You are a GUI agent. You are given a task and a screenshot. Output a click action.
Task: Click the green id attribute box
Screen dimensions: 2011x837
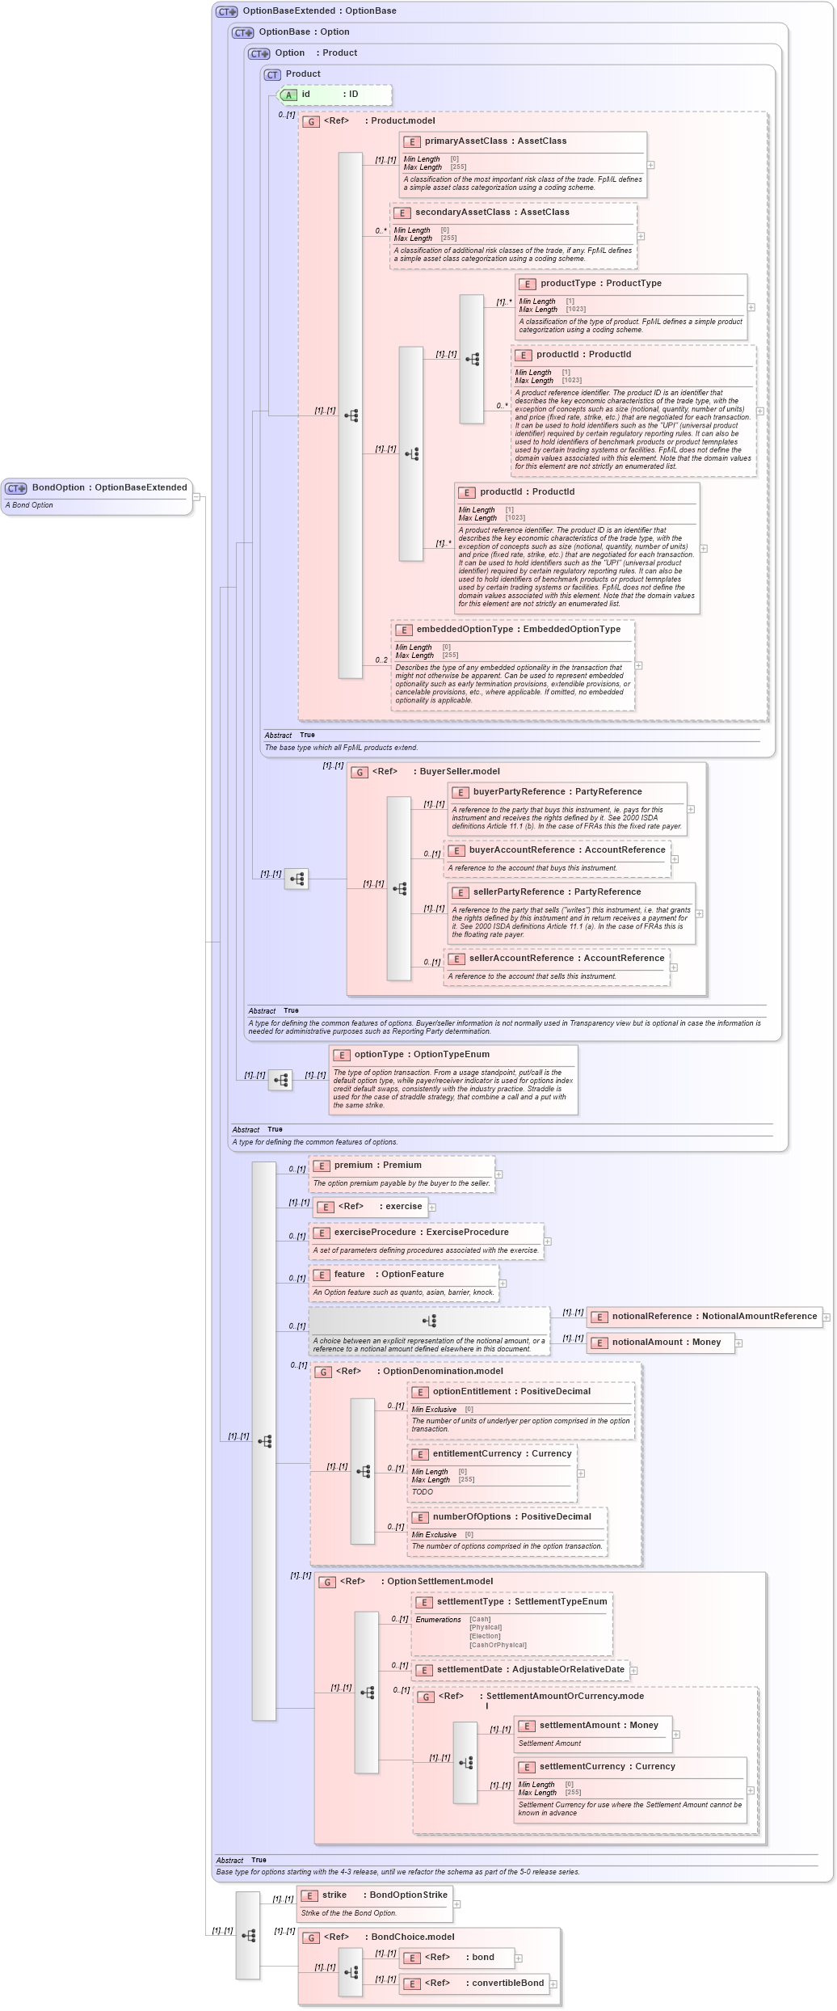coord(334,95)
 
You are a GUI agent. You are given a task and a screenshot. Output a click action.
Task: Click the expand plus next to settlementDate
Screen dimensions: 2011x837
coord(633,1671)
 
